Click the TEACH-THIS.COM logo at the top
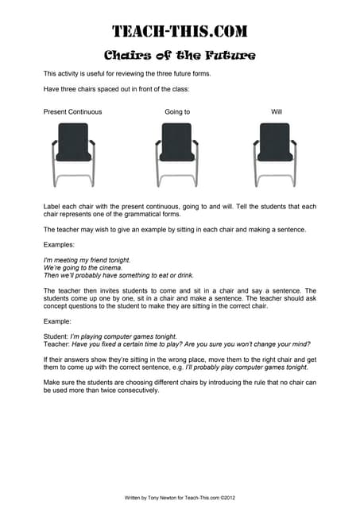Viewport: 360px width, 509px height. pyautogui.click(x=180, y=32)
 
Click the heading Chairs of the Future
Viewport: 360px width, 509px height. pyautogui.click(x=180, y=55)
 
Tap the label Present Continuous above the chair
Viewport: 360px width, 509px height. pyautogui.click(x=72, y=111)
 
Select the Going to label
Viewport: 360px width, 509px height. pyautogui.click(x=177, y=111)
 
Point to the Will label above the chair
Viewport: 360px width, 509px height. pyautogui.click(x=277, y=111)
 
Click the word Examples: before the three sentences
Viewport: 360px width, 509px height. pyautogui.click(x=59, y=245)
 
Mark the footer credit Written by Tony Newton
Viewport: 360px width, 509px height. pyautogui.click(x=180, y=495)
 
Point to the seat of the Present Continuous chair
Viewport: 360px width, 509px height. pyautogui.click(x=73, y=156)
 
